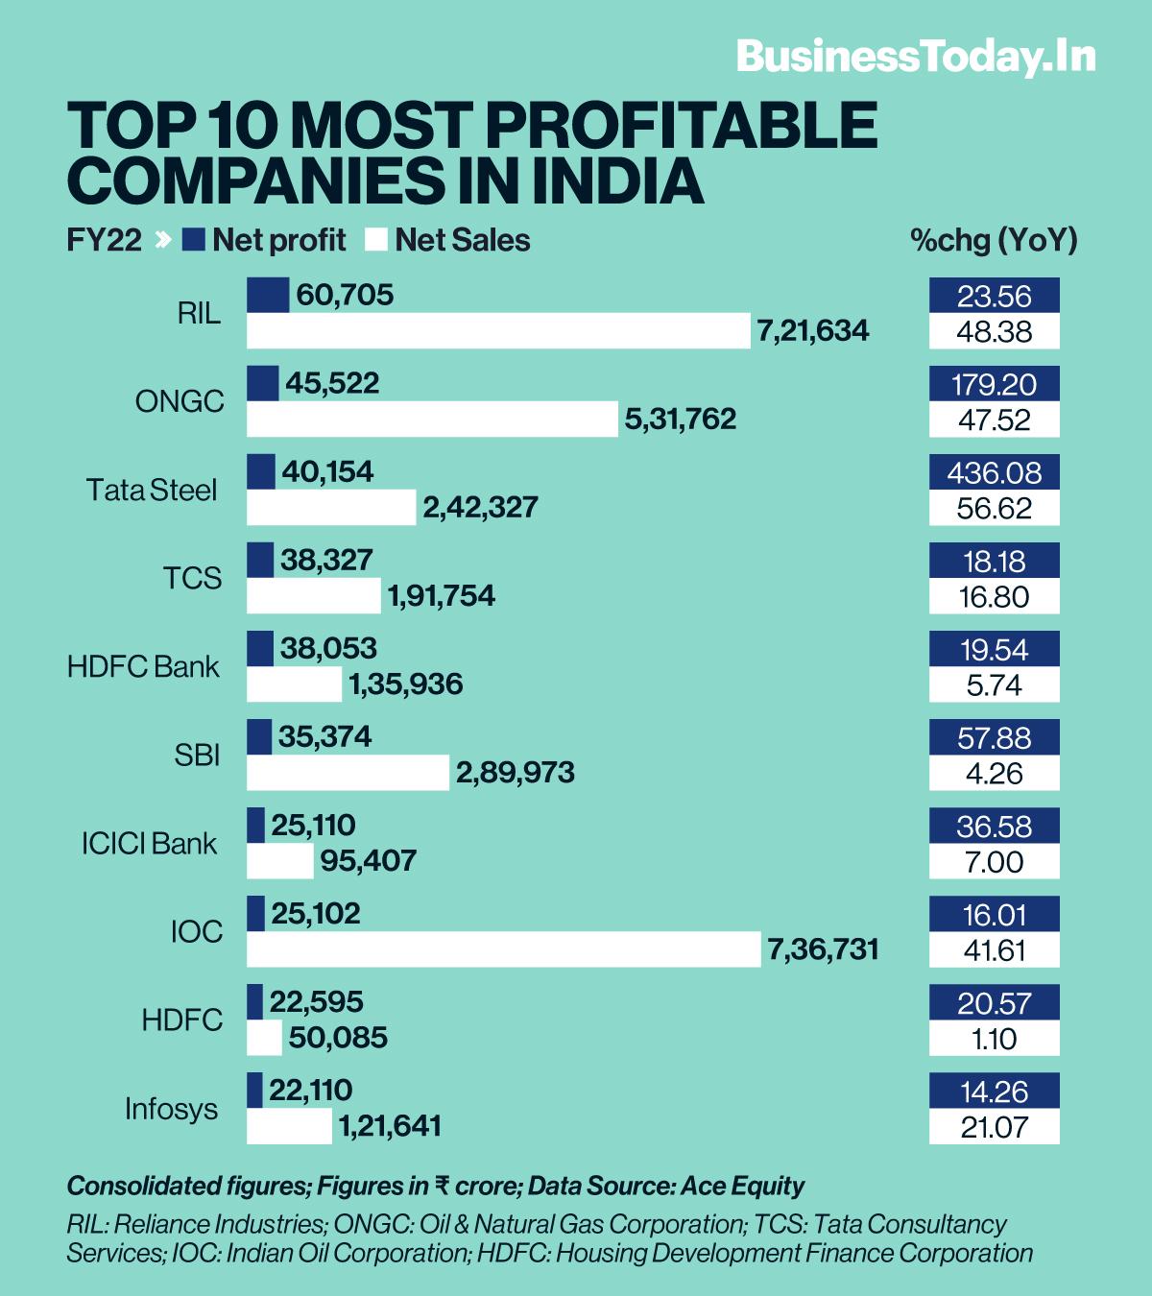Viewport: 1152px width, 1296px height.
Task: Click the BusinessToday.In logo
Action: point(916,57)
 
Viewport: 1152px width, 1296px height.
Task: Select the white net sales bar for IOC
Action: point(503,949)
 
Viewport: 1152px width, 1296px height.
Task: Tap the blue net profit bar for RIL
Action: point(268,295)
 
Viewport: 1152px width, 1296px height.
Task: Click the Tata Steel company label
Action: point(152,490)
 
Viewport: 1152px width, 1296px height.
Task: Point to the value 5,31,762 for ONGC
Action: point(681,419)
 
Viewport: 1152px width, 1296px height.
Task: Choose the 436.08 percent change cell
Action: point(994,472)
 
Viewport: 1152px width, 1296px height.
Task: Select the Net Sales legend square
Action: point(376,240)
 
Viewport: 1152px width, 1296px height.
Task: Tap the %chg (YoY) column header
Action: point(994,240)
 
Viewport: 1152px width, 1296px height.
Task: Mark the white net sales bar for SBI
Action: point(348,773)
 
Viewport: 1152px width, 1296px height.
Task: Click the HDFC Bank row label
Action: point(143,666)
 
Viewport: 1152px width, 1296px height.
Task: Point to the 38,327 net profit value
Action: point(326,560)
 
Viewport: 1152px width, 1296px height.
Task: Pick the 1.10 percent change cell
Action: point(994,1039)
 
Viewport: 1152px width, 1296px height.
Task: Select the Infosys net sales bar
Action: point(289,1126)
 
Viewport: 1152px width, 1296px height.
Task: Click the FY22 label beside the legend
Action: point(104,240)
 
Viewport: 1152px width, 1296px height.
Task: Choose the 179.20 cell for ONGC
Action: point(994,384)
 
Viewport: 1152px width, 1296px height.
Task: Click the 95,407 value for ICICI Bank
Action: point(368,861)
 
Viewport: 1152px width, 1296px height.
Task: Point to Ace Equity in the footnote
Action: point(742,1187)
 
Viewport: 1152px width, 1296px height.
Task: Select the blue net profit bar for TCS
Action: point(260,560)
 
